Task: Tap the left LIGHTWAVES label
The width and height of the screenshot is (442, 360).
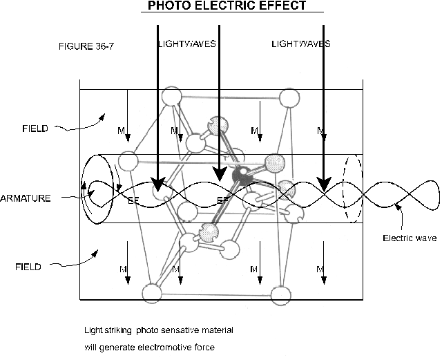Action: [186, 44]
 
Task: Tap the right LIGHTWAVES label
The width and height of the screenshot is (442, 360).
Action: [301, 44]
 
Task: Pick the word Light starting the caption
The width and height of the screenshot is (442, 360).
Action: [93, 330]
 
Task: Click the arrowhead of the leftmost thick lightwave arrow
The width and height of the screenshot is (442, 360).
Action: [158, 184]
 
